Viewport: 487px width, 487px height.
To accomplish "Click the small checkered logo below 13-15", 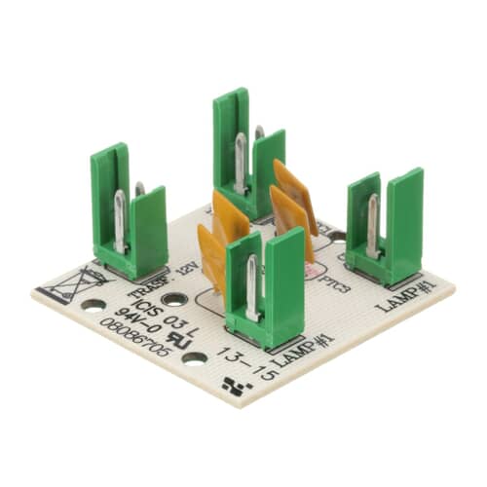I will [x=235, y=385].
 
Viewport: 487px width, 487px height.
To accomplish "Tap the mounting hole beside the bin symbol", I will [x=94, y=304].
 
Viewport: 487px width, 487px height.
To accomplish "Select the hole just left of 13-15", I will [x=195, y=357].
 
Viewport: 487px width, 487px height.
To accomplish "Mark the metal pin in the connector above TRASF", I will [x=120, y=222].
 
